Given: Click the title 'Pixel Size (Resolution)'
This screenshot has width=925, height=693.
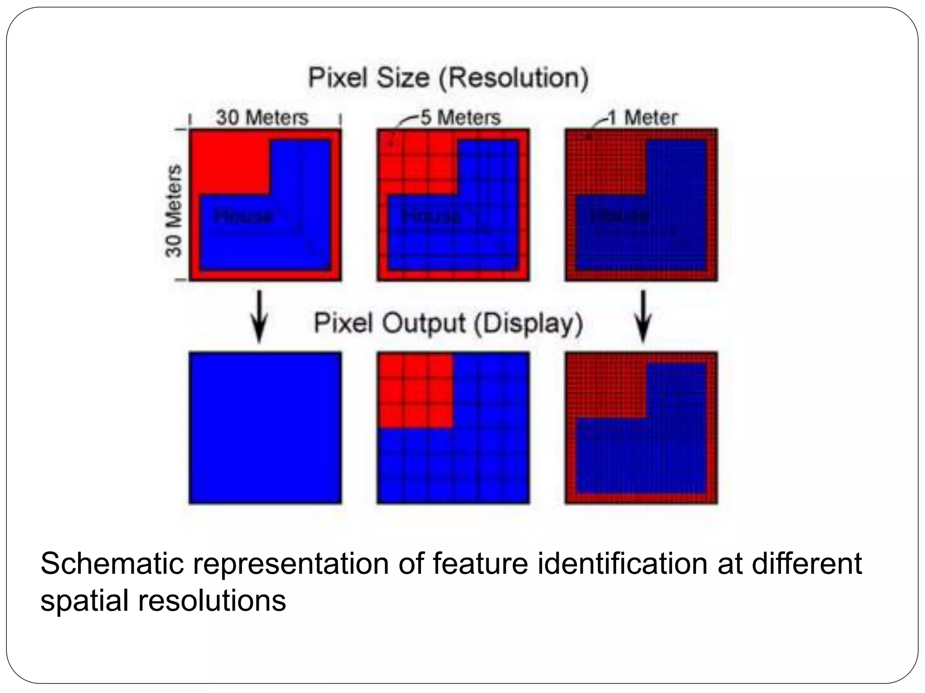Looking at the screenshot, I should click(448, 78).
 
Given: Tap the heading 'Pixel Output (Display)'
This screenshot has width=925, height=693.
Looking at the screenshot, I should click(448, 323).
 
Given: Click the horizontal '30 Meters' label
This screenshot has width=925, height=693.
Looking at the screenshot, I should click(262, 118).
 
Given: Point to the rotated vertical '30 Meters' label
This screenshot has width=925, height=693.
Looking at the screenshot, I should click(174, 211).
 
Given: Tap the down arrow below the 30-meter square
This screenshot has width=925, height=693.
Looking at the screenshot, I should click(259, 316).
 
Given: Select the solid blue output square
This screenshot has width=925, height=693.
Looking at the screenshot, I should click(265, 428).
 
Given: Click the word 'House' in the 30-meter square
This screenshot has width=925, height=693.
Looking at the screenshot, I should click(243, 217).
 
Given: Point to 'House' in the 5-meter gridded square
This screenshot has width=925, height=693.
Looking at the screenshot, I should click(432, 217).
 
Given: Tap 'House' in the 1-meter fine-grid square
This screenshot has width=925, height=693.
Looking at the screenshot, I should click(619, 217).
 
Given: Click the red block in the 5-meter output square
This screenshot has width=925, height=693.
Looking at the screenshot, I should click(415, 390).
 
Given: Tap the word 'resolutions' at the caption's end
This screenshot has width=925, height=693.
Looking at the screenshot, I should click(211, 601).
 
